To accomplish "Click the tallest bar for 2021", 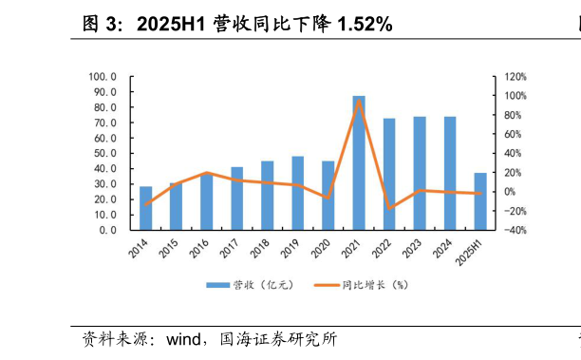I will (x=359, y=162).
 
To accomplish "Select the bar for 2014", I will (x=145, y=208).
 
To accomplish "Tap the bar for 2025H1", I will (x=480, y=201).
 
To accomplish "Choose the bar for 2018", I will (x=268, y=195).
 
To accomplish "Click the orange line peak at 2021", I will (x=359, y=101).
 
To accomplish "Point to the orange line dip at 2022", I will (x=389, y=208).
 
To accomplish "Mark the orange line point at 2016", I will (x=206, y=173).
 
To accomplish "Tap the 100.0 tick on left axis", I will (x=102, y=77).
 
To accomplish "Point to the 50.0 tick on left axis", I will (x=103, y=153).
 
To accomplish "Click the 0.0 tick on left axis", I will (x=106, y=230).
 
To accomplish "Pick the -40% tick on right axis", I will (x=515, y=230).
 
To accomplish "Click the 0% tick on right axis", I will (x=510, y=192).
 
